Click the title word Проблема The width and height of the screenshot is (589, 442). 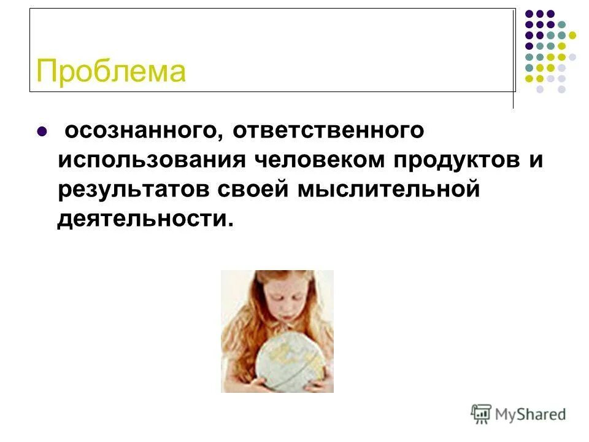(111, 71)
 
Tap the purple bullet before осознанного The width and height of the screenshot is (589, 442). (42, 131)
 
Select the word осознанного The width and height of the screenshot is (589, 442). (138, 131)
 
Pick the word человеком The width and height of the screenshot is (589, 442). (318, 160)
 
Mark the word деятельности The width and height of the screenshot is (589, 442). (142, 218)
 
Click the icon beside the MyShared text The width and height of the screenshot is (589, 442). (482, 414)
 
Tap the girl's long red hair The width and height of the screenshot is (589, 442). (236, 325)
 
